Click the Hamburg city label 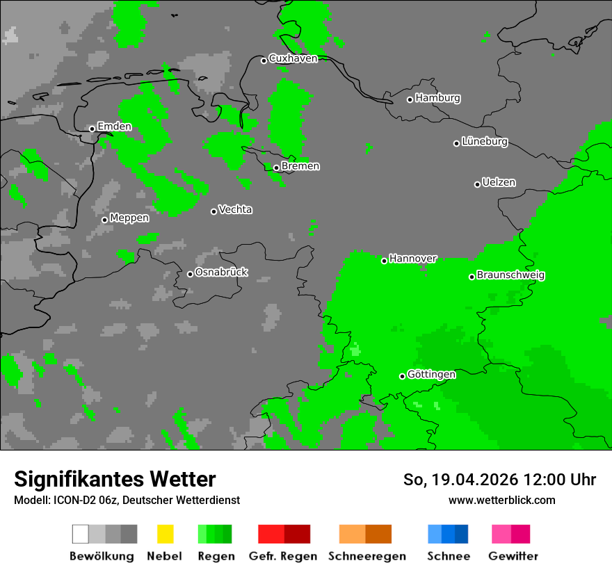click(437, 98)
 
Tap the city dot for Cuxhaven click(264, 60)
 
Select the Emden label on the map click(114, 127)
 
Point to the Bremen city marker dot click(276, 168)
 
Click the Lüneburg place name click(485, 141)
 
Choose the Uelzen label click(499, 182)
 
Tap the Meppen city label click(129, 218)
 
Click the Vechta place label click(235, 209)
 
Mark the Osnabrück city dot click(190, 274)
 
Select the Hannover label click(413, 259)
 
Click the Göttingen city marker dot click(402, 376)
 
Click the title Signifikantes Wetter click(115, 479)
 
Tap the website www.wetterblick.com click(501, 500)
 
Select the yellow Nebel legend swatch click(165, 534)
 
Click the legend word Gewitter click(513, 556)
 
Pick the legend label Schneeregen click(367, 556)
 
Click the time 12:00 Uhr click(559, 480)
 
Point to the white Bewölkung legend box click(81, 534)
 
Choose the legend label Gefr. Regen click(282, 556)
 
